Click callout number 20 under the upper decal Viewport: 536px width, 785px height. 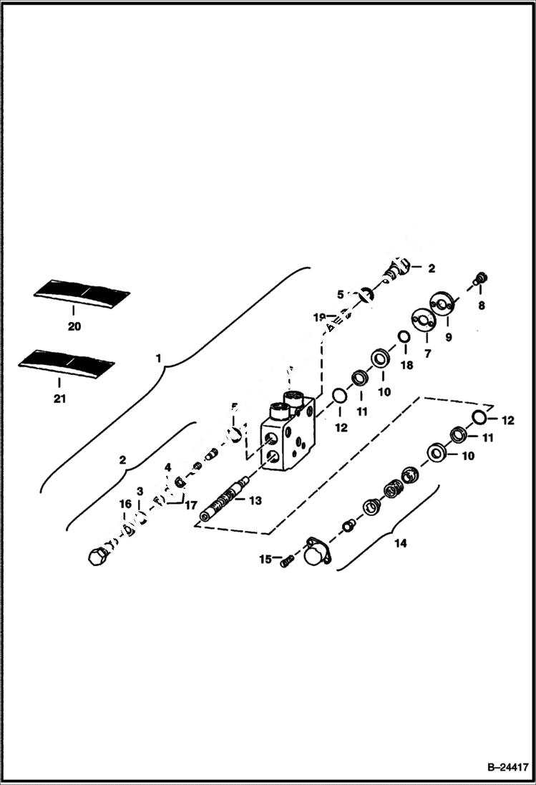pos(74,326)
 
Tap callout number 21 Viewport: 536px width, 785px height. pos(59,399)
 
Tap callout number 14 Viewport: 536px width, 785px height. pos(400,544)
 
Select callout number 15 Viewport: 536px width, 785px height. pos(265,559)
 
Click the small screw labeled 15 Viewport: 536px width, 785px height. pos(286,562)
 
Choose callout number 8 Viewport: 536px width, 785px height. pos(481,305)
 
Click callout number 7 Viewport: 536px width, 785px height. pos(427,353)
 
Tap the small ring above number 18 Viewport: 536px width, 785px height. pos(404,338)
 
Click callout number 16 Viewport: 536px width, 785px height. pos(123,504)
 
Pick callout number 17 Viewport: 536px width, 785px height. pos(190,504)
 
